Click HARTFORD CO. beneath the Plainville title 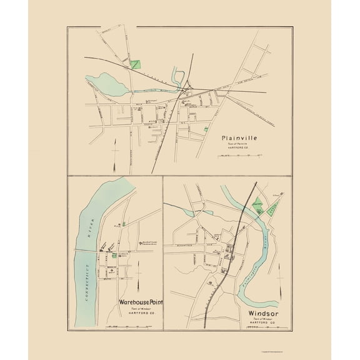[239, 149]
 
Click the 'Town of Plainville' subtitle [239, 144]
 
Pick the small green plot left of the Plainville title [206, 129]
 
